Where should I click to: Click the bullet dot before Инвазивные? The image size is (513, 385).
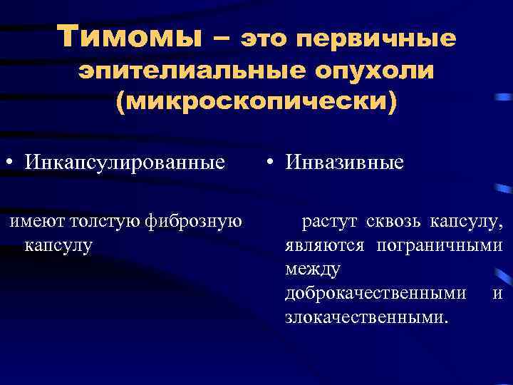point(273,163)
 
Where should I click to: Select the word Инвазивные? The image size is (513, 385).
point(345,163)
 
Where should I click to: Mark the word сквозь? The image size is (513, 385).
point(395,224)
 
